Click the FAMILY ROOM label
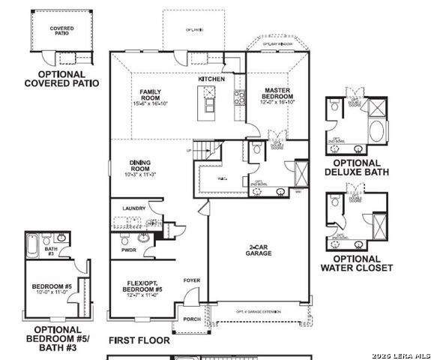click(x=150, y=94)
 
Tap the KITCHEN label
click(x=211, y=79)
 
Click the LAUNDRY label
click(x=133, y=208)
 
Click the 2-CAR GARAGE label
click(x=259, y=250)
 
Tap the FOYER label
click(x=192, y=280)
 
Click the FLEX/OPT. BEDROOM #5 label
click(x=145, y=286)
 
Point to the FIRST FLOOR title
click(x=139, y=340)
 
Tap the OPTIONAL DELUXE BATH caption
click(x=356, y=167)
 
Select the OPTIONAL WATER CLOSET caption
click(x=356, y=262)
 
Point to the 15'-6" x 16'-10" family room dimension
click(x=150, y=103)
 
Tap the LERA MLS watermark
click(x=400, y=354)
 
